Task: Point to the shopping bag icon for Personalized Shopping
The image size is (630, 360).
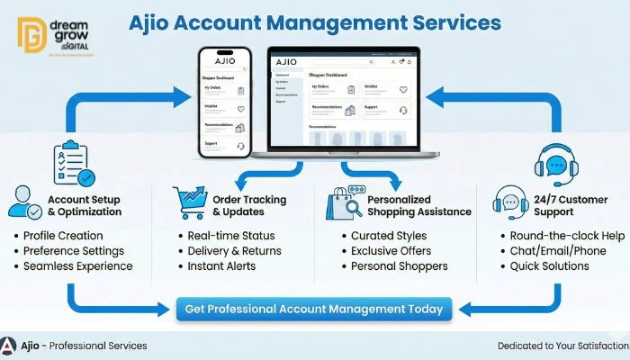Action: point(342,206)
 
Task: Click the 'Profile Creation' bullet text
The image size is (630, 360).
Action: point(63,236)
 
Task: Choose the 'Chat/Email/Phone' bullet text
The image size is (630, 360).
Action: point(552,251)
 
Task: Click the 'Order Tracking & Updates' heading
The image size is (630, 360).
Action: point(249,205)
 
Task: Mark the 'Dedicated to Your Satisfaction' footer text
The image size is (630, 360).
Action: point(562,346)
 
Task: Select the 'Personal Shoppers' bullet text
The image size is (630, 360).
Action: point(399,266)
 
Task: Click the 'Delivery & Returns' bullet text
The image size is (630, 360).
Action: point(234,251)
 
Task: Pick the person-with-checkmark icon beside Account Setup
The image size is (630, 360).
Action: point(23,204)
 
